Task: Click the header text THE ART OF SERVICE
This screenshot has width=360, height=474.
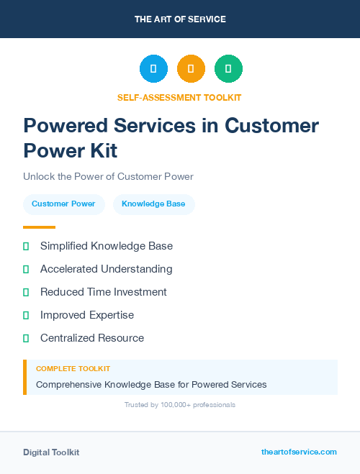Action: click(x=180, y=19)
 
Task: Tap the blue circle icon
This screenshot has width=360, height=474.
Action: click(x=153, y=69)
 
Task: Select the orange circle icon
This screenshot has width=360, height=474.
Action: click(x=191, y=69)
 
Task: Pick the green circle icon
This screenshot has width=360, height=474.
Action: click(x=228, y=69)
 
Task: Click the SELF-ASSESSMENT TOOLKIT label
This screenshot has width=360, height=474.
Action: click(x=180, y=97)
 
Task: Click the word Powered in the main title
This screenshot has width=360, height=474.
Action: click(x=65, y=125)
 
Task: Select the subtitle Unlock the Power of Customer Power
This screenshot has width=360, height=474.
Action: click(x=108, y=176)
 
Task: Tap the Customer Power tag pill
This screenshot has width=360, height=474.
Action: click(x=63, y=204)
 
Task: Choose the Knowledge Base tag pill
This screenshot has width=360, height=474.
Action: click(x=153, y=204)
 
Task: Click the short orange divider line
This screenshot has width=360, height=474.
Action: click(x=39, y=227)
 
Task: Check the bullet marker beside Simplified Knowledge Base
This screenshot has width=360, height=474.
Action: click(x=26, y=246)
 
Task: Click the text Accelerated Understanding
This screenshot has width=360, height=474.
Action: click(x=106, y=269)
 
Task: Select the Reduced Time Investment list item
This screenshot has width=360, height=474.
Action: click(x=103, y=292)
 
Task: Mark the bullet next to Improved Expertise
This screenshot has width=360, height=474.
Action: click(x=26, y=315)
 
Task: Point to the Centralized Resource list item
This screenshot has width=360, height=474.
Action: click(x=91, y=338)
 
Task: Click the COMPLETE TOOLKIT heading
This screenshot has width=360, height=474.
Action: click(x=73, y=368)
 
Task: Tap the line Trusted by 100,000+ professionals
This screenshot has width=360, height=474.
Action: click(x=180, y=405)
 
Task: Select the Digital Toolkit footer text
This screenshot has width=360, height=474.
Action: click(x=51, y=452)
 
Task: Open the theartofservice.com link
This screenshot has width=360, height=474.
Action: click(x=299, y=452)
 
